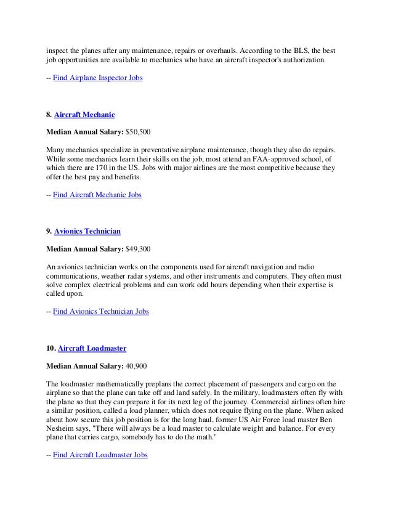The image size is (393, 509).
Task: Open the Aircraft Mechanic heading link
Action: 84,115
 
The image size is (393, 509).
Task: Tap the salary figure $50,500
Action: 138,132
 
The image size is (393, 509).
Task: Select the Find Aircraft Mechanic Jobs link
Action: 97,195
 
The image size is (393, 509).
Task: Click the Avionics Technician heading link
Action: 87,231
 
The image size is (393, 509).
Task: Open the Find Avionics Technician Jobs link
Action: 101,312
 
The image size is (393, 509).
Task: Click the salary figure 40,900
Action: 136,365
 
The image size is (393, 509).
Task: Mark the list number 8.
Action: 49,115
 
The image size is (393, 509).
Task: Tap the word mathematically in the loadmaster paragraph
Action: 121,382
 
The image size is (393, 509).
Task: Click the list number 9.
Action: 49,231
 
